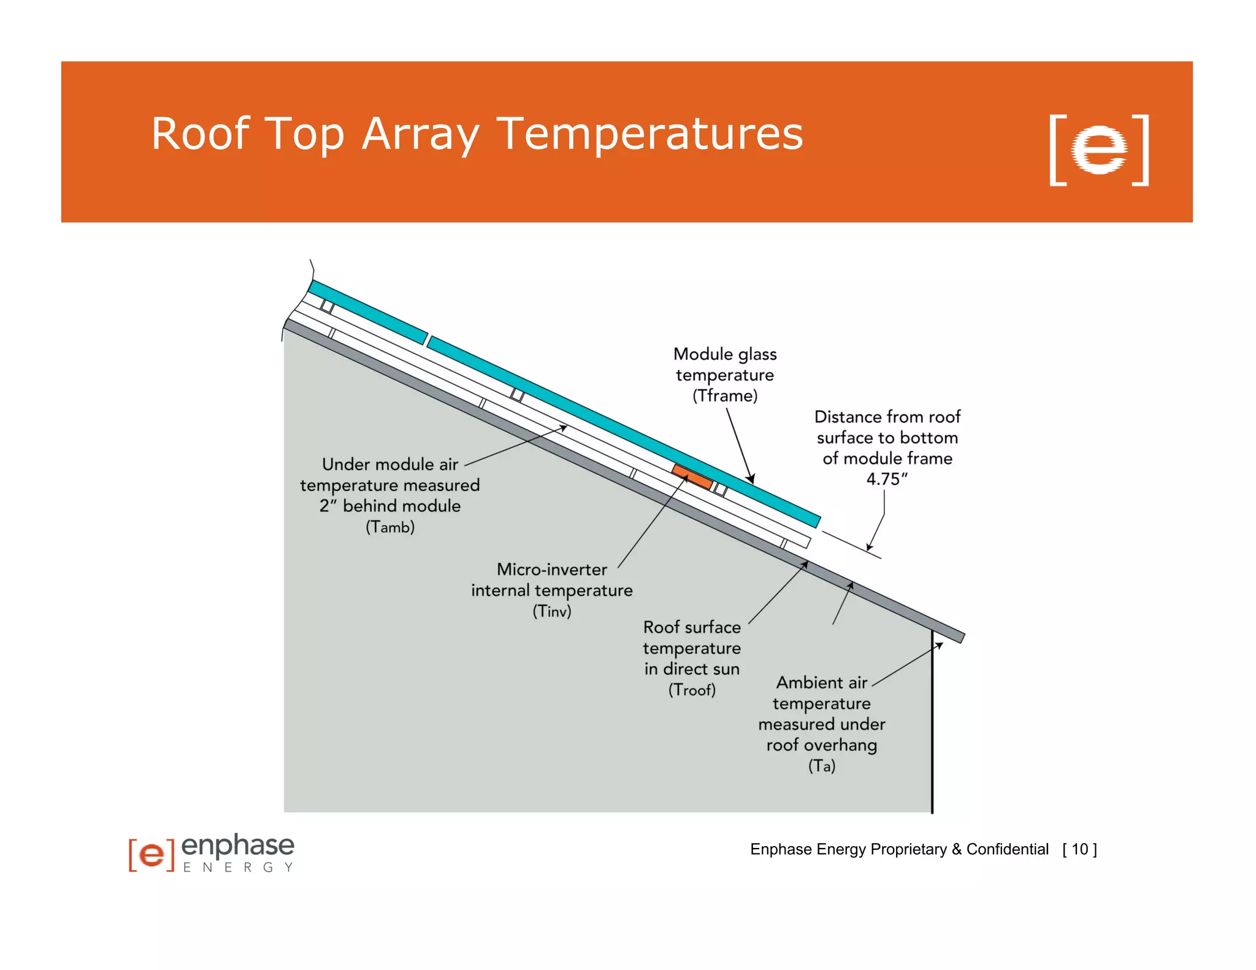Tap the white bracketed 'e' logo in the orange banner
(x=1099, y=150)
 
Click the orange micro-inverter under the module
(x=692, y=476)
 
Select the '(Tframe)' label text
(x=725, y=396)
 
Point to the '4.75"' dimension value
(x=887, y=479)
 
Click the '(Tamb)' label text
(x=390, y=527)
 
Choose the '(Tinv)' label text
(x=552, y=611)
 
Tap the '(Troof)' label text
(x=692, y=690)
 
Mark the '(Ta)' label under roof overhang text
(x=822, y=766)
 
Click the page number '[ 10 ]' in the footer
(x=1080, y=849)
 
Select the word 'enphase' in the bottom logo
(x=238, y=846)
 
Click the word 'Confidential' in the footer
(x=1008, y=849)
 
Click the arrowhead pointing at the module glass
(x=751, y=478)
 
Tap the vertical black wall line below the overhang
(x=932, y=724)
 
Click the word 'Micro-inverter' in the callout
(x=552, y=570)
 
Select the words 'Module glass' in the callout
(x=725, y=354)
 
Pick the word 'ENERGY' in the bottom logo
(x=238, y=868)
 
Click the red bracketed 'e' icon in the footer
(x=151, y=854)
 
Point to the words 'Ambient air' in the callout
(x=822, y=683)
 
